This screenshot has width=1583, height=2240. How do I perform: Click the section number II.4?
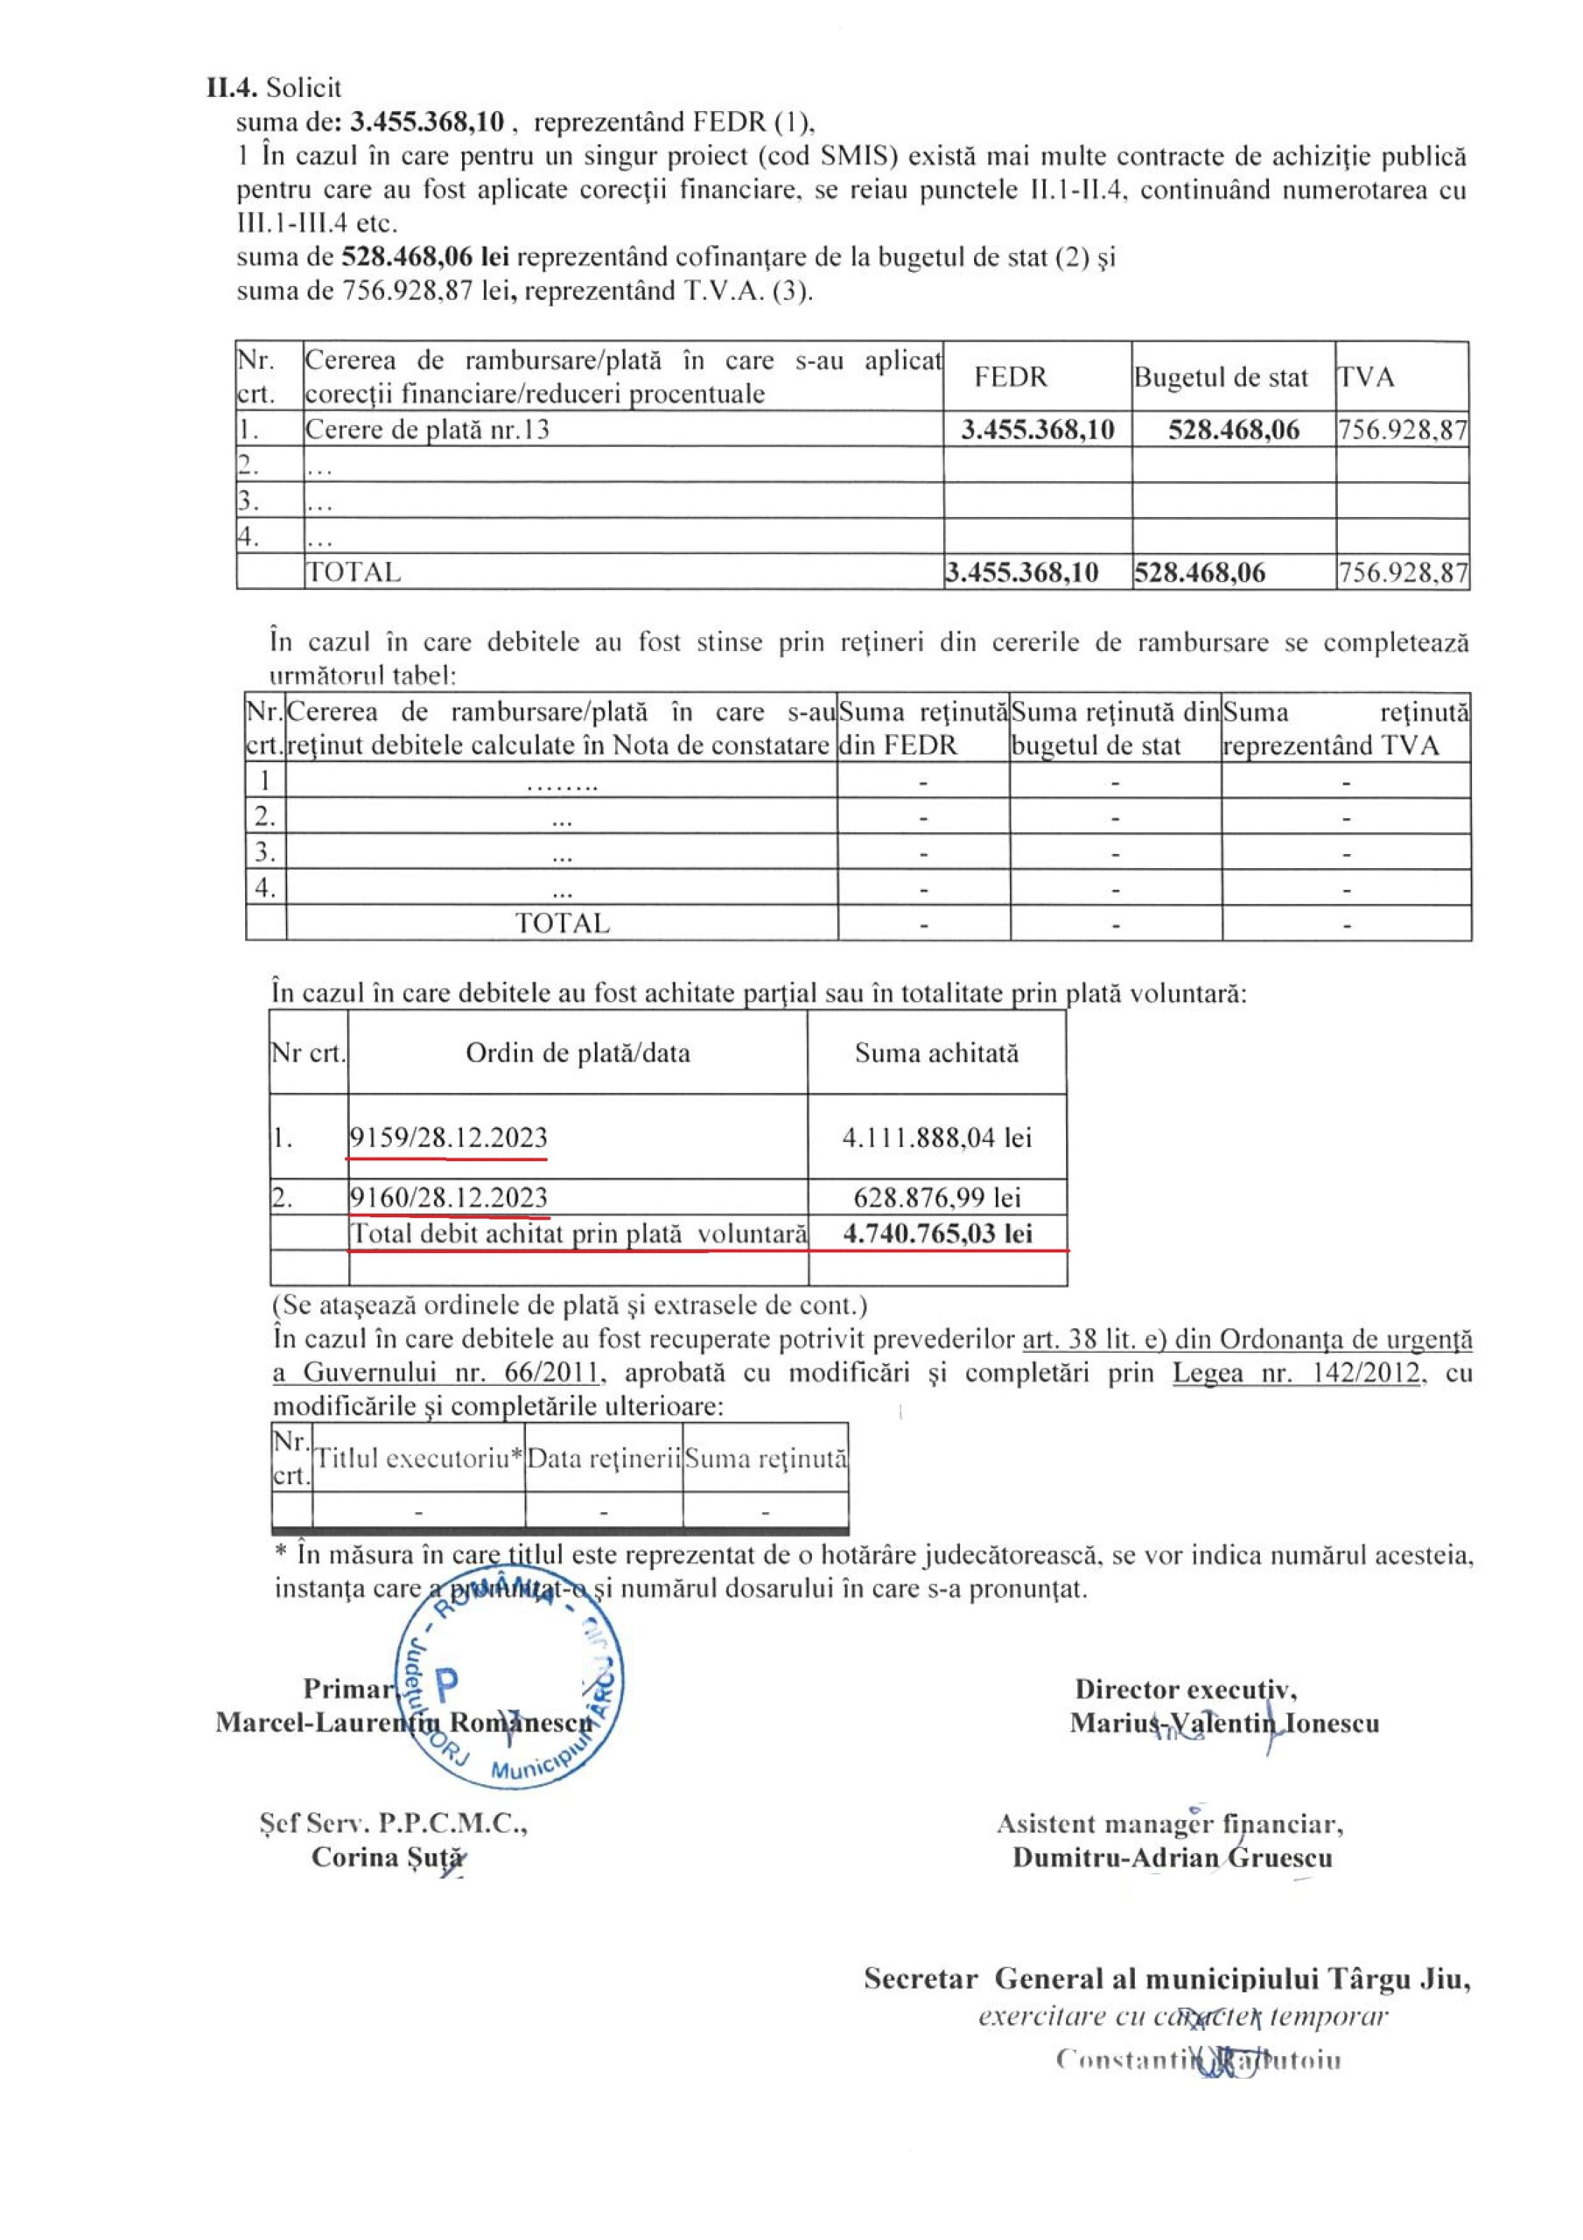232,87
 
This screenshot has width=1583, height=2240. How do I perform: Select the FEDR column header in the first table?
1010,376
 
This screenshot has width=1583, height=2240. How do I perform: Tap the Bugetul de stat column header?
1220,377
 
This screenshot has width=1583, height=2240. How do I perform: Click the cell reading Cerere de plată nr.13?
427,430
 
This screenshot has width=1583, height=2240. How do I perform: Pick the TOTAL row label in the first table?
354,571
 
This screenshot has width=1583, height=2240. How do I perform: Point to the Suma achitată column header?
936,1053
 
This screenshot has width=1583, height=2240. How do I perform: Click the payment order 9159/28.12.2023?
449,1137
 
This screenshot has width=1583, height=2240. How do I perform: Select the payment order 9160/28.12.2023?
449,1197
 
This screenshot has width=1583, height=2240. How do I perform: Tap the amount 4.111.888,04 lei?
936,1137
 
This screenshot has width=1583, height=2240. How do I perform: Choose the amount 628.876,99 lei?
936,1197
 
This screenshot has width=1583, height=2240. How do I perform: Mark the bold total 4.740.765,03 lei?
937,1233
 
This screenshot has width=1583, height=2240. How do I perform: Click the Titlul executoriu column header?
418,1459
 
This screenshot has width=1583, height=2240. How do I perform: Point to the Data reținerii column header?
603,1459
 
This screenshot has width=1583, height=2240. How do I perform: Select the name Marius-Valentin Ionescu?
1224,1722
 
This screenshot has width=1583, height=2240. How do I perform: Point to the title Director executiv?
1185,1689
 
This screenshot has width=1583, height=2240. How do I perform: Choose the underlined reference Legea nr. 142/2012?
1296,1373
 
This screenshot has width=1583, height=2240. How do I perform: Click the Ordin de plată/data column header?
578,1053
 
